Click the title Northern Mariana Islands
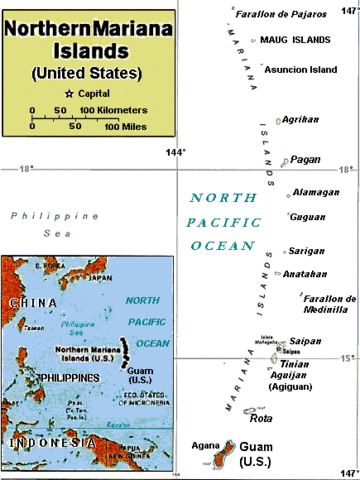click(x=88, y=40)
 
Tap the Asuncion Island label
click(x=301, y=68)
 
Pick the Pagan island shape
click(x=285, y=161)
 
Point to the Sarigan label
click(x=308, y=251)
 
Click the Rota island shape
click(x=250, y=411)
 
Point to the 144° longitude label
click(x=176, y=151)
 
